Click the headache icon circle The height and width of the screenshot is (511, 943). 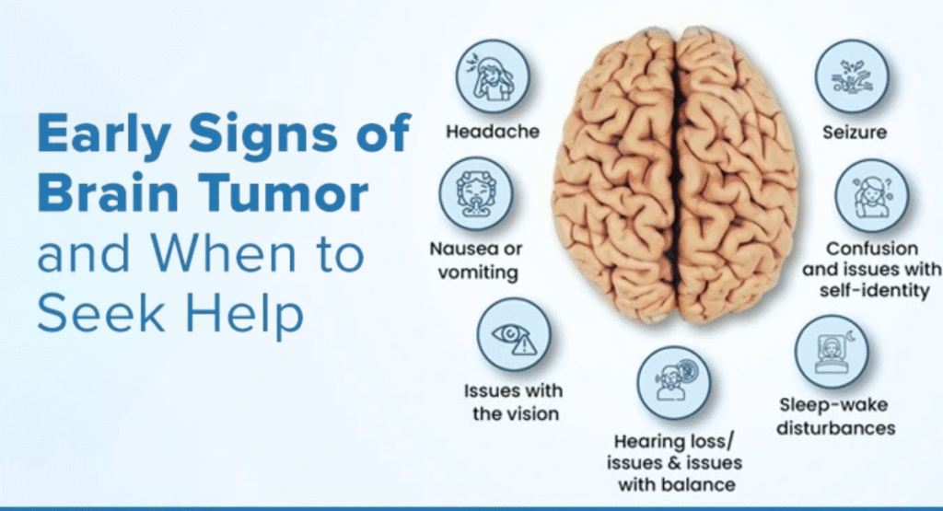click(x=493, y=75)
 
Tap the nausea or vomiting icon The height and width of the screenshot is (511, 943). click(x=474, y=193)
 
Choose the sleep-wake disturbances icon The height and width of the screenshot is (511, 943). click(x=832, y=352)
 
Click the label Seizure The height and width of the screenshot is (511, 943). click(x=854, y=132)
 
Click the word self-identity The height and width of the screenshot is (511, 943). click(x=872, y=291)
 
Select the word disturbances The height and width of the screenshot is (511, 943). click(x=835, y=428)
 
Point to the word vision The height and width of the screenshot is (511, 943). click(x=528, y=413)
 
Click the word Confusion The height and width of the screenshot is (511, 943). click(x=872, y=249)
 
